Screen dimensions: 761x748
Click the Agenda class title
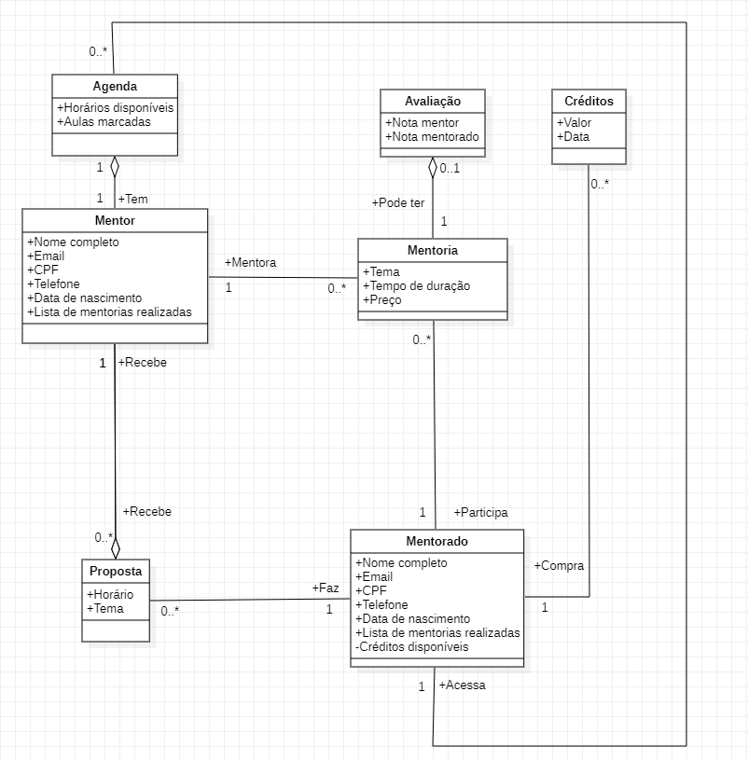[115, 86]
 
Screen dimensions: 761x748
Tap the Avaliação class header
[432, 101]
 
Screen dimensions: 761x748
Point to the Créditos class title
[589, 101]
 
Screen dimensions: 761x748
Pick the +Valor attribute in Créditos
[575, 123]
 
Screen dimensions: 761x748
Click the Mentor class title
[115, 221]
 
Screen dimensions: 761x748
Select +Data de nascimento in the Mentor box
[85, 297]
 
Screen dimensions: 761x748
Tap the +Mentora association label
[250, 263]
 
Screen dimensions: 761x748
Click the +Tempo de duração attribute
[416, 285]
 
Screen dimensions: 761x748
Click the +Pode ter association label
[397, 202]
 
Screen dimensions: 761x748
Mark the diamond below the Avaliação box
[433, 167]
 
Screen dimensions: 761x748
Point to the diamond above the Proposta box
[116, 547]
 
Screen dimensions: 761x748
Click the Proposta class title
[116, 571]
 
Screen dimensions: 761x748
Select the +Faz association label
[326, 588]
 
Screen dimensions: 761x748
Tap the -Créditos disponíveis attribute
[412, 646]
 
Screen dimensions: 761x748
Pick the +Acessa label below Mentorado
[462, 685]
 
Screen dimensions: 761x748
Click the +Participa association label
[480, 512]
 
